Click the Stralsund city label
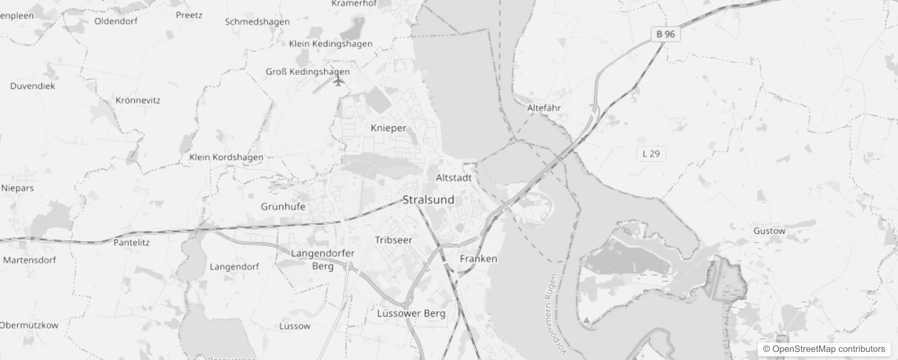428,200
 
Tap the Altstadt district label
453,178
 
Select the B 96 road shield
665,34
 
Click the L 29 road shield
651,154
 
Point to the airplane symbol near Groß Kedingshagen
338,81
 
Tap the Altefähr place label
544,108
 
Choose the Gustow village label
769,231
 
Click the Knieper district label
388,128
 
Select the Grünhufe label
283,207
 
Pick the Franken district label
478,259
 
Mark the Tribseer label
394,240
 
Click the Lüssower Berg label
411,314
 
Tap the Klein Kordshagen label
226,157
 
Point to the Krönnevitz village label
138,100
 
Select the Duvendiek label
32,86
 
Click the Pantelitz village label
131,243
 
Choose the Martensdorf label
30,260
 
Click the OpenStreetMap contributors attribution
824,349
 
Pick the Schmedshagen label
257,22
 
